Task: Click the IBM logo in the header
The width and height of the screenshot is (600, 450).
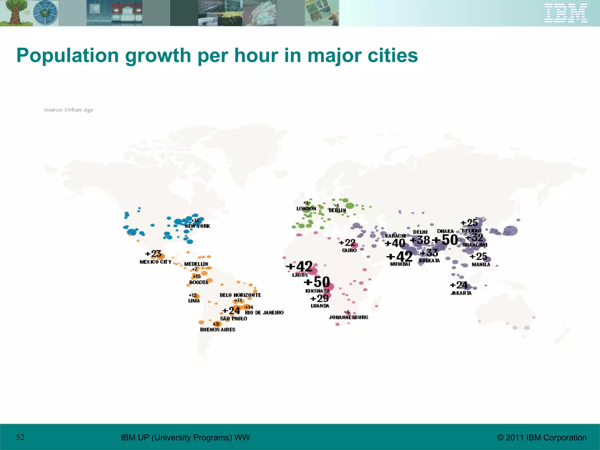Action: coord(565,13)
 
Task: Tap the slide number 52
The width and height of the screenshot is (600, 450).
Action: coord(20,437)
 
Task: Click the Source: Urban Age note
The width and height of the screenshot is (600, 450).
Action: coord(69,110)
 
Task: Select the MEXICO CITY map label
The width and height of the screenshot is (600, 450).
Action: coord(155,262)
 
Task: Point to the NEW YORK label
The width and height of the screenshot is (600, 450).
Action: coord(197,226)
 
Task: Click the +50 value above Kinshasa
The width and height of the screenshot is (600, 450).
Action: coord(317,282)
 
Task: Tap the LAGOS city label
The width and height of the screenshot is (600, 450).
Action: coord(300,275)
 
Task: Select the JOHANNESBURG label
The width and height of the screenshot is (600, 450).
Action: coord(348,317)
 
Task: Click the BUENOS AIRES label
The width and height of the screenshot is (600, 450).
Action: coord(217,330)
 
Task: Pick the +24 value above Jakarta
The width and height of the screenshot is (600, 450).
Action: coord(459,285)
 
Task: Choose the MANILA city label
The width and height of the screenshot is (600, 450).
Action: coord(481,265)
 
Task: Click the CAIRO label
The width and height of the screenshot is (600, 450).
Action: coord(349,250)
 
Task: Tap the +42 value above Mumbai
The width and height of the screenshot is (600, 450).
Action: coord(399,257)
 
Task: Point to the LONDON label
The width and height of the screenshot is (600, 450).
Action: coord(306,209)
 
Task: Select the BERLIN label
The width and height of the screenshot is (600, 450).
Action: coord(337,210)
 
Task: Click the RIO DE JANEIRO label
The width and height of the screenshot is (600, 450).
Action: coord(264,313)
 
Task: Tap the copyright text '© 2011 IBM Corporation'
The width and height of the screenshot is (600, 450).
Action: coord(542,437)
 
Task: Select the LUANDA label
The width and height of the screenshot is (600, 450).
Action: coord(320,306)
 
